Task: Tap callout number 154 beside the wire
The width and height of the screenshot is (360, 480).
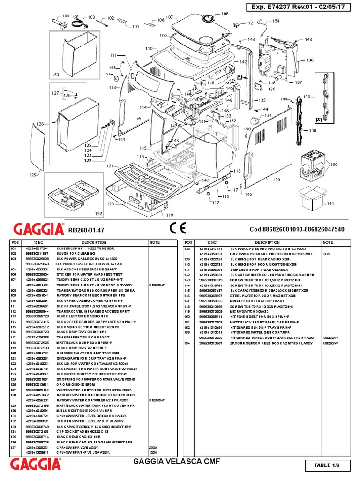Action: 276,21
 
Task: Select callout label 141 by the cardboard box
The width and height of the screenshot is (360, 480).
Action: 330,203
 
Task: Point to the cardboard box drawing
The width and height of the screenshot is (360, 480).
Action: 311,197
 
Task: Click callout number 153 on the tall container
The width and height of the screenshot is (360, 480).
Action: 56,75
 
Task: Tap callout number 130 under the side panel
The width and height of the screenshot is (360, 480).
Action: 276,180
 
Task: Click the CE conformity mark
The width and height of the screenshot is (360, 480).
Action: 179,229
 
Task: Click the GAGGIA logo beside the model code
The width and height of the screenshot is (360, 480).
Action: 39,230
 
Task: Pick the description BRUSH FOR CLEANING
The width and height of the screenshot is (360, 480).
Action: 76,252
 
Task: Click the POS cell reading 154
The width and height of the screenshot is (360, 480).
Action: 187,344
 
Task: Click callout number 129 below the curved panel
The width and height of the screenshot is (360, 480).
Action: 32,175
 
